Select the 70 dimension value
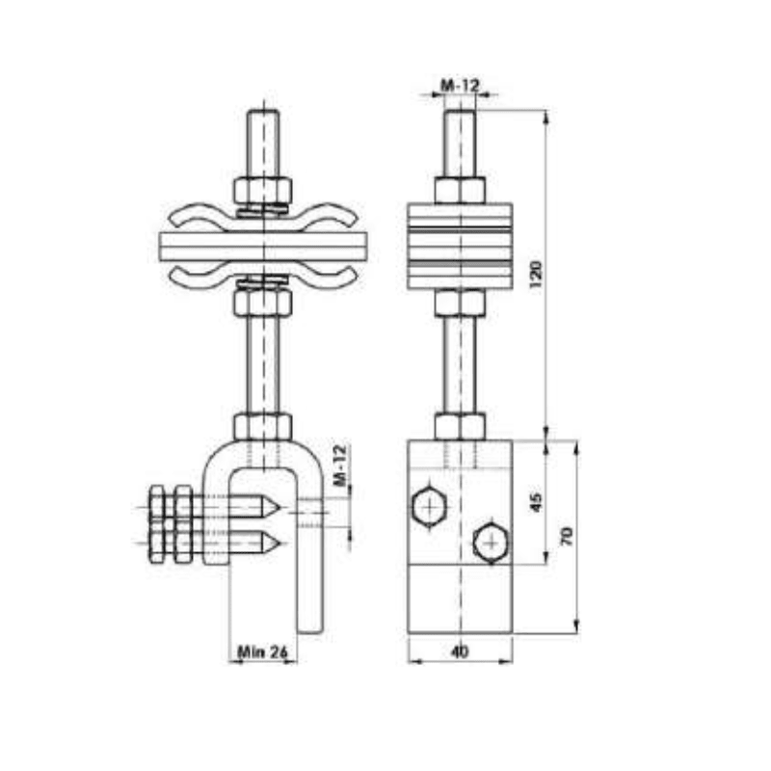pos(568,537)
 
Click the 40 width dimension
pos(460,652)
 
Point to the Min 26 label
pos(262,652)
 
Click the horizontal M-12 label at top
pos(460,87)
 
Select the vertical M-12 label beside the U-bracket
pos(339,465)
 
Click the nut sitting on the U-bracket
pos(262,425)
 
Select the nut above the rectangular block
pos(460,425)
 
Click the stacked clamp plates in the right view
pos(460,245)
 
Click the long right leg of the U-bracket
pos(309,578)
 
